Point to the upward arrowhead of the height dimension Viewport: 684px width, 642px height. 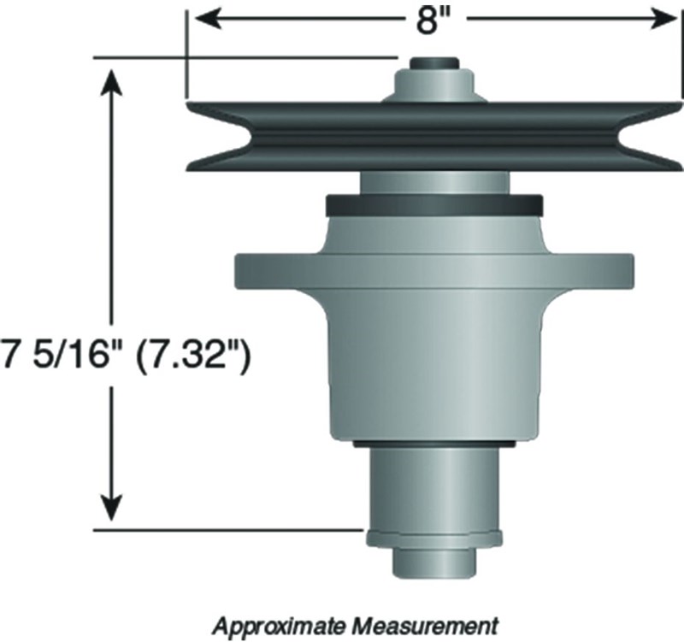point(112,82)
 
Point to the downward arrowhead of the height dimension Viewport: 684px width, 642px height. point(112,507)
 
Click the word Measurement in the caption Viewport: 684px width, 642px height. point(424,626)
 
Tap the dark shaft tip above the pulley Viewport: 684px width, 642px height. point(434,63)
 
